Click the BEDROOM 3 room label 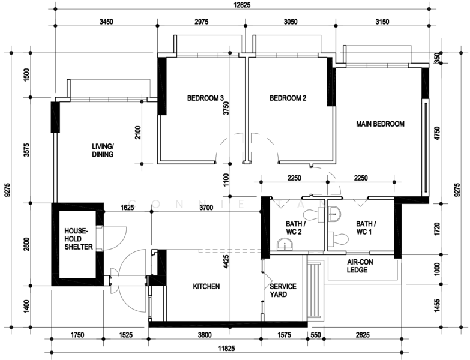pos(205,98)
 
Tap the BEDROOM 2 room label pos(288,98)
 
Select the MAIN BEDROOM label pos(380,124)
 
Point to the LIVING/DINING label pos(103,151)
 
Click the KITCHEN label pos(206,287)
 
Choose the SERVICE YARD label pos(283,290)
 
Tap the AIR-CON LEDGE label pos(360,266)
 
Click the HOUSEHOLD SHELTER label pos(79,239)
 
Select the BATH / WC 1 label pos(366,227)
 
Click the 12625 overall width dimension pos(242,5)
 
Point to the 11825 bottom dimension pos(226,349)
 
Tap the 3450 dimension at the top pos(106,22)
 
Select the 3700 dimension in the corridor pos(206,208)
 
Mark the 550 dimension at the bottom pos(316,335)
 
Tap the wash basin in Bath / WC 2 pos(285,244)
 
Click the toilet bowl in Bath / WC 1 pos(339,239)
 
